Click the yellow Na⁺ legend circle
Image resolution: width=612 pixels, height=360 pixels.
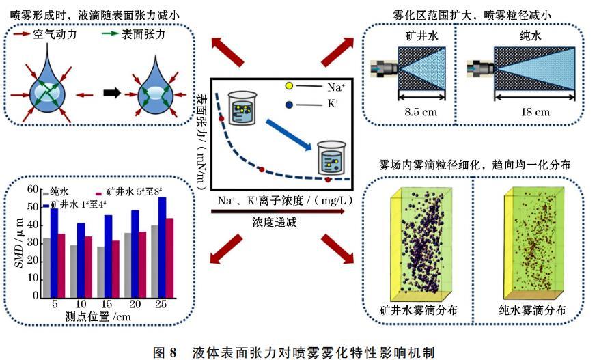pyautogui.click(x=290, y=87)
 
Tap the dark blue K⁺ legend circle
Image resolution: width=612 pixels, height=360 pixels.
pyautogui.click(x=290, y=104)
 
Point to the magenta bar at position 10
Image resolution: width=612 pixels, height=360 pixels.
pyautogui.click(x=87, y=267)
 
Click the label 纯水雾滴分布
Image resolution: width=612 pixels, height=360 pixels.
pyautogui.click(x=531, y=309)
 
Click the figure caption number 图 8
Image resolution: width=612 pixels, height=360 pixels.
pyautogui.click(x=167, y=351)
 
